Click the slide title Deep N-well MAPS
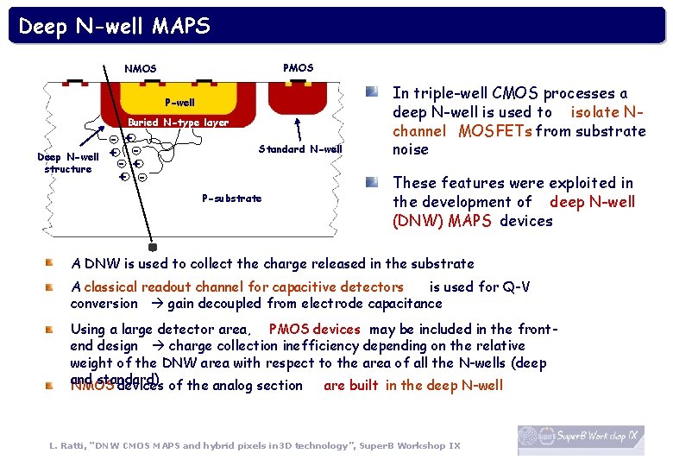coord(114,27)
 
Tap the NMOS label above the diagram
coord(141,68)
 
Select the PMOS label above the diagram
coord(298,67)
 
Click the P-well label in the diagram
coord(179,103)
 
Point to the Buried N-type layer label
coord(179,123)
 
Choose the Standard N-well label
coord(300,149)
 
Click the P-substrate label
coord(231,198)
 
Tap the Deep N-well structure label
coord(68,163)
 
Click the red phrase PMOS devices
coord(315,329)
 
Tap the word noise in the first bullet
coord(410,149)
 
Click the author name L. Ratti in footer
coord(70,445)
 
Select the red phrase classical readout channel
coord(243,287)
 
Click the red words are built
coord(350,385)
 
